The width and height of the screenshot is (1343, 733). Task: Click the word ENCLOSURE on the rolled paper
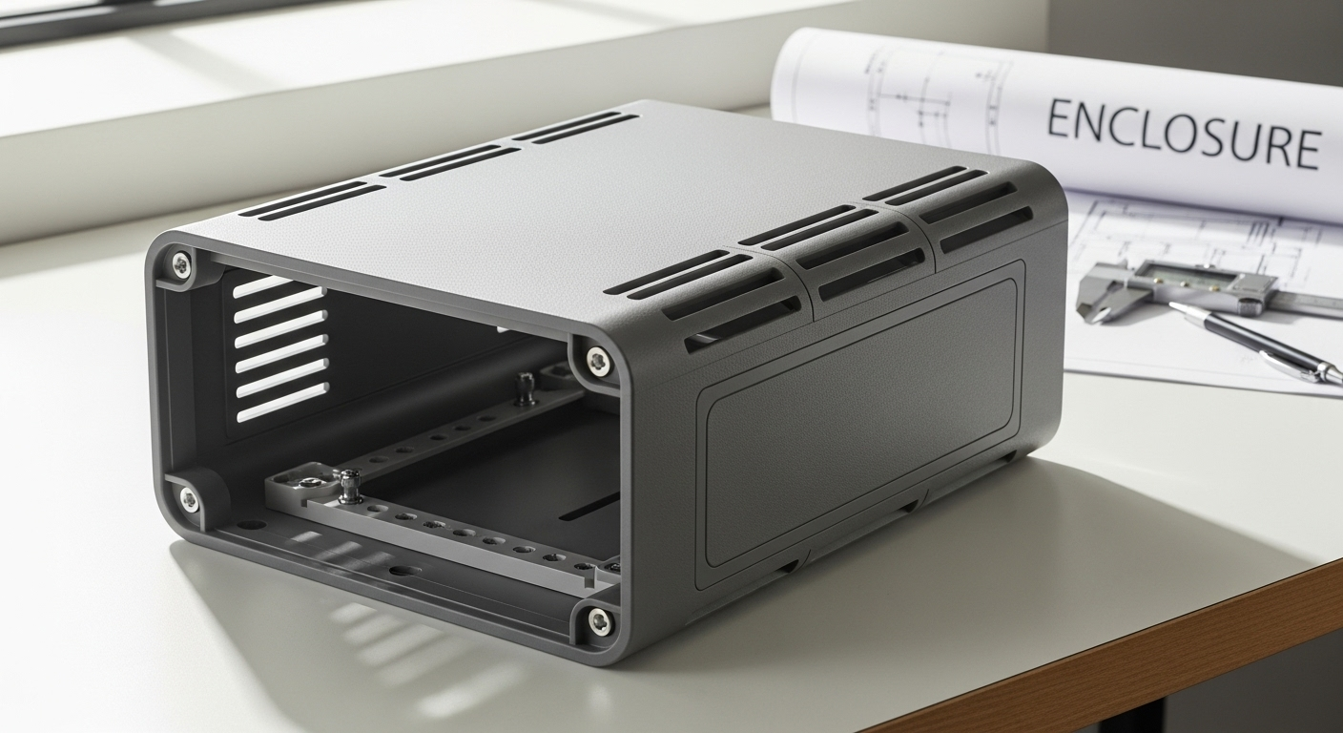tap(1183, 133)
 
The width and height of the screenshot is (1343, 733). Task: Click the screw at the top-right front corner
tap(597, 361)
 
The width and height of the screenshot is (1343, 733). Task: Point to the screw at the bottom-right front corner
tap(598, 621)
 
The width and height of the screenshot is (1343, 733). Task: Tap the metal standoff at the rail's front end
tap(349, 484)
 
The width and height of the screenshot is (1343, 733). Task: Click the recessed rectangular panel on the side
tap(858, 420)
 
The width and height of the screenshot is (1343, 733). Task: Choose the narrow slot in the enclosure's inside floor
tap(588, 510)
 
